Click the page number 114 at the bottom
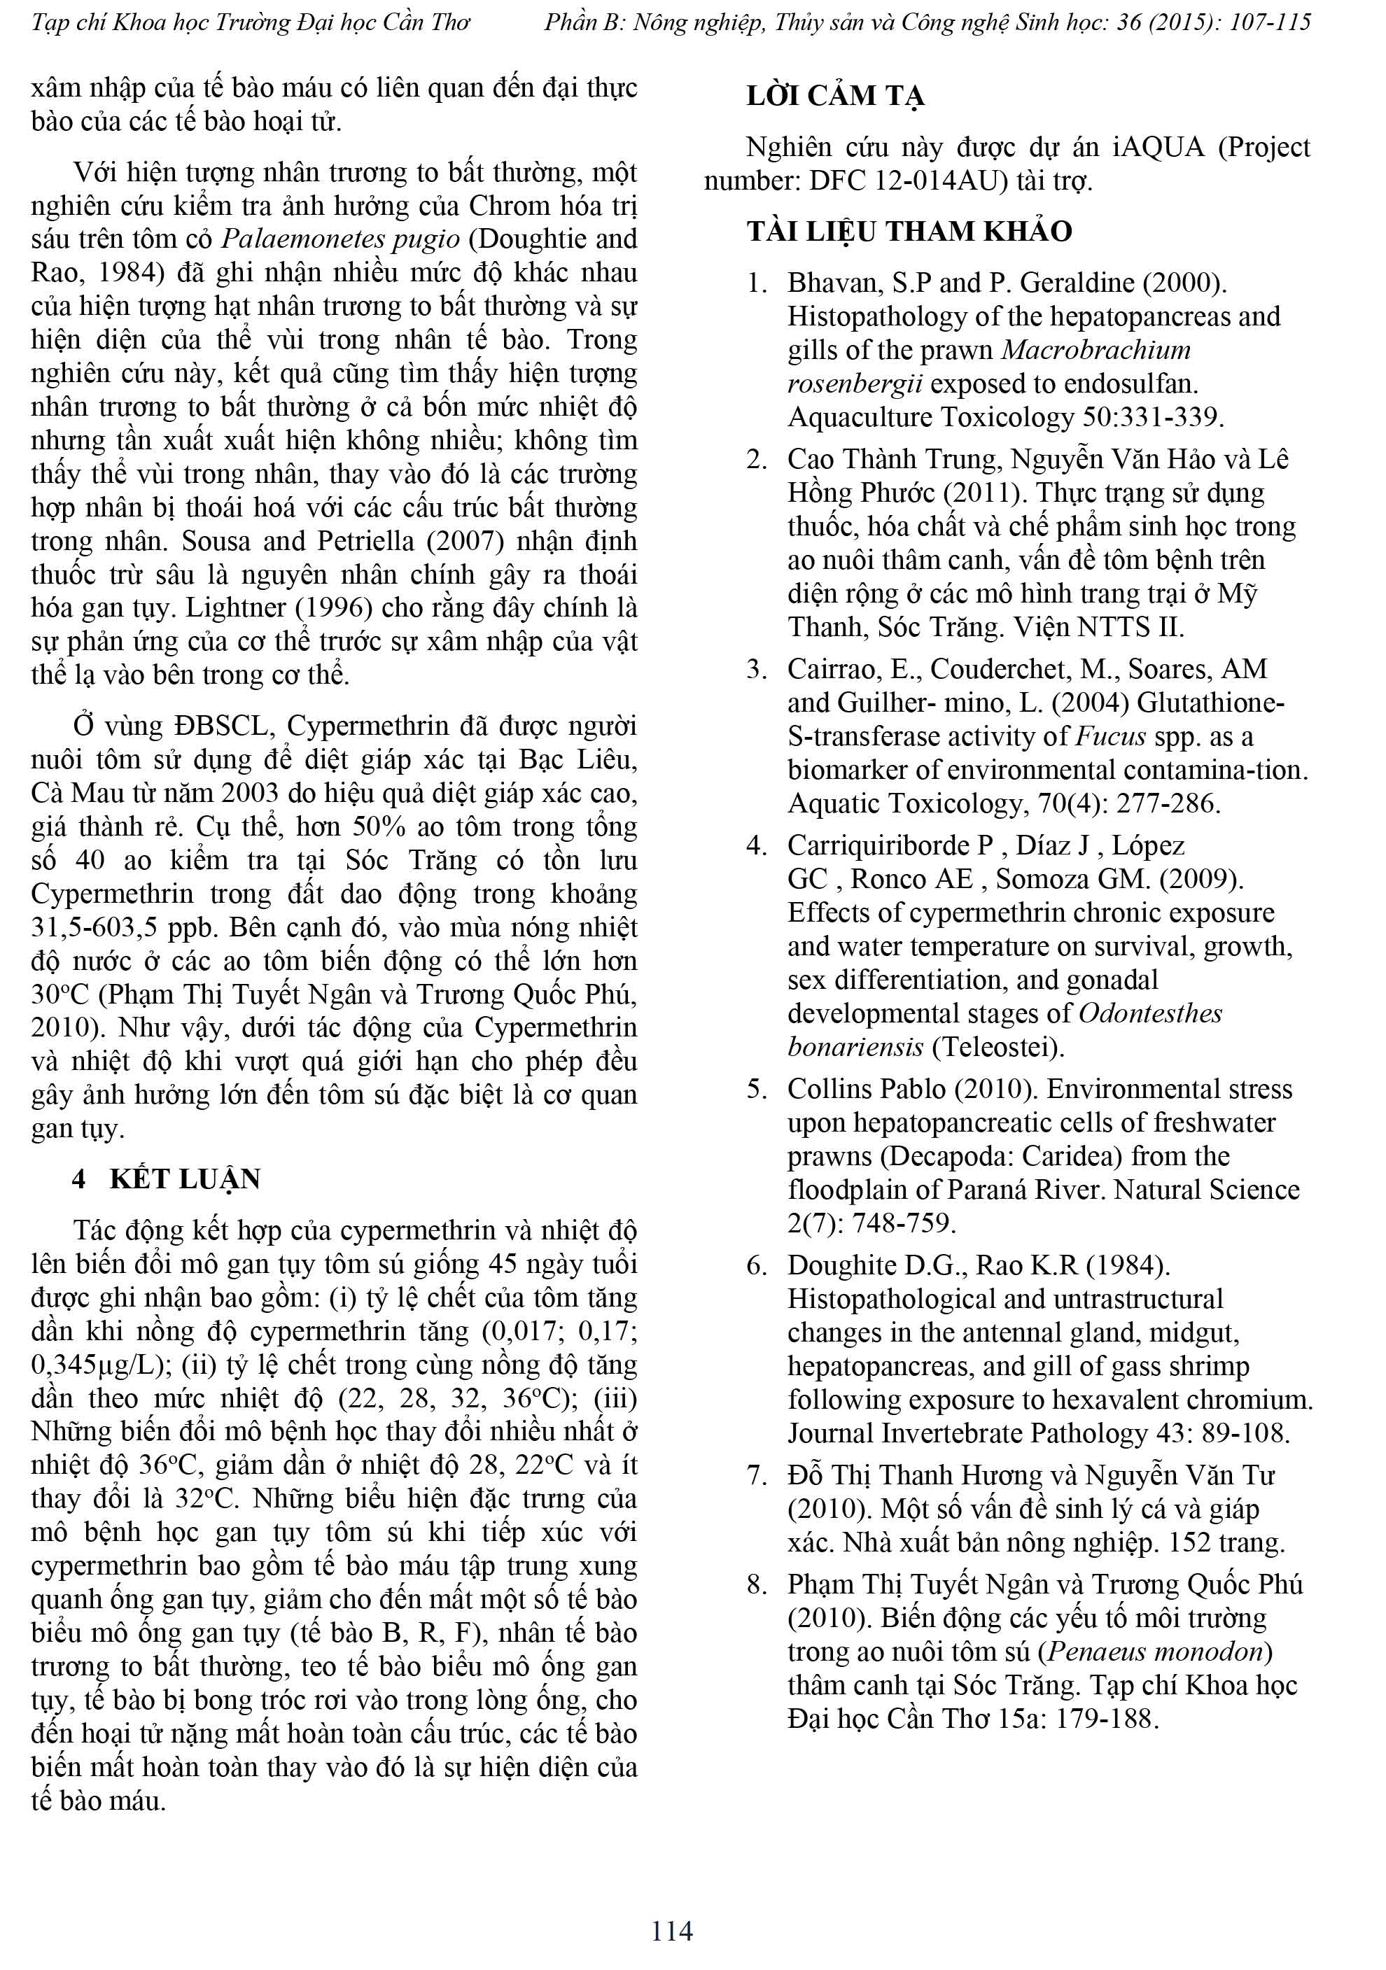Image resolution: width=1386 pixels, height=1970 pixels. click(x=671, y=1931)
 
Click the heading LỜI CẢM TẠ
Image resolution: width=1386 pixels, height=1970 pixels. click(x=834, y=96)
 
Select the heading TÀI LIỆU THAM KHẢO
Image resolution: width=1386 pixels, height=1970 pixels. click(x=909, y=232)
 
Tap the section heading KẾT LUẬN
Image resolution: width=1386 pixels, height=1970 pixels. click(x=185, y=1179)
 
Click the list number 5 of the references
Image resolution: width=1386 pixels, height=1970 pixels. click(x=755, y=1089)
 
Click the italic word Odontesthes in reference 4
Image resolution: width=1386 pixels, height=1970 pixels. click(x=1150, y=1013)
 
